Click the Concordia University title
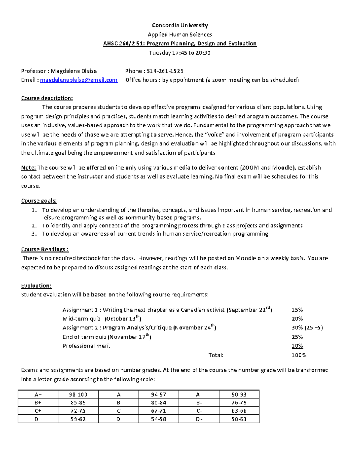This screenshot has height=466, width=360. (x=180, y=25)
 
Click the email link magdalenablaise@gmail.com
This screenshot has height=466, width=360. (x=79, y=80)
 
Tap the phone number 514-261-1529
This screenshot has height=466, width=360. (x=165, y=71)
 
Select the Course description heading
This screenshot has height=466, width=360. (x=47, y=98)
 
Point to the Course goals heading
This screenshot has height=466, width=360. (x=39, y=201)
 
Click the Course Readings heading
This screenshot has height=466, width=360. (x=45, y=249)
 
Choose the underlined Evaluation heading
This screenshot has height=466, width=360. (x=36, y=286)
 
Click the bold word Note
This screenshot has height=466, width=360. (x=28, y=167)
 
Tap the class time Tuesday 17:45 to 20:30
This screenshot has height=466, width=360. (x=180, y=53)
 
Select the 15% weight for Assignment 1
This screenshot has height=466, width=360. (x=297, y=310)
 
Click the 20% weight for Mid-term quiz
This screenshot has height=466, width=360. (x=297, y=319)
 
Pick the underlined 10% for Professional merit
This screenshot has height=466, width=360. (x=297, y=346)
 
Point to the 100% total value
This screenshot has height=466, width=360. (x=299, y=355)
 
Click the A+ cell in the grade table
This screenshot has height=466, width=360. (x=38, y=395)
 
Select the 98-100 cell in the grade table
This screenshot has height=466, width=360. (x=78, y=395)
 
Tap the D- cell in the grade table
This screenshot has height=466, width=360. (x=199, y=419)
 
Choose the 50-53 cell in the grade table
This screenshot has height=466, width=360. (x=239, y=419)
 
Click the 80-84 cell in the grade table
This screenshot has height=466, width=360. (x=159, y=403)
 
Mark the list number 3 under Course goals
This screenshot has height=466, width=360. (x=34, y=234)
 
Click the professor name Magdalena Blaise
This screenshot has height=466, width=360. (x=73, y=71)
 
